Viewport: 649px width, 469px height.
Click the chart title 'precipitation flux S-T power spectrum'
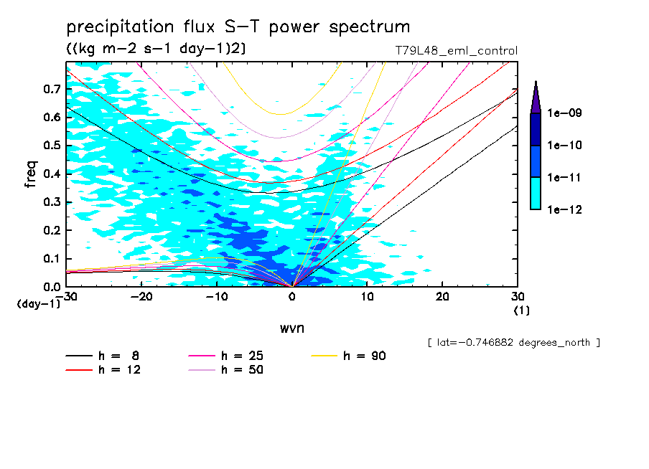[x=238, y=27]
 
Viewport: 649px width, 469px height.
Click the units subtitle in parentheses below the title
[x=156, y=49]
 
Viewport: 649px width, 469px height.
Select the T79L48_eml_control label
[x=451, y=51]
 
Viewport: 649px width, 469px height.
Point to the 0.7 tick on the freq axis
[x=52, y=89]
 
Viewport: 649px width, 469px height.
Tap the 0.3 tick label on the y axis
[x=52, y=202]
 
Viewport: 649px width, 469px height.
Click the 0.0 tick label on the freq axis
[x=52, y=287]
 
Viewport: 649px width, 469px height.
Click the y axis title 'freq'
[x=30, y=174]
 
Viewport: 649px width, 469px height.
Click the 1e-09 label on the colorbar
[x=565, y=113]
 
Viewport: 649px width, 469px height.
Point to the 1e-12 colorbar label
[x=565, y=209]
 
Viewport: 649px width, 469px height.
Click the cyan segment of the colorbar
[x=536, y=193]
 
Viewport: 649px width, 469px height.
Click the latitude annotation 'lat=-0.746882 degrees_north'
[x=513, y=343]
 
